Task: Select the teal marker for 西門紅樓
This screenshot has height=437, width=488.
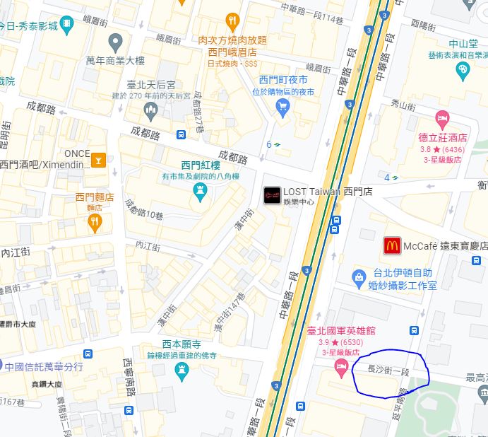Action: (200, 190)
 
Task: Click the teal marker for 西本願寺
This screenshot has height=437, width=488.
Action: (182, 370)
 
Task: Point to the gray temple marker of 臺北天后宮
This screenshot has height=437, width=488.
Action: (150, 110)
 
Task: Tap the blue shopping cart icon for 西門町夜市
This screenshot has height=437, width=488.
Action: (283, 107)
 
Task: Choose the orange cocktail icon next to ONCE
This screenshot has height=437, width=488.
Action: (98, 159)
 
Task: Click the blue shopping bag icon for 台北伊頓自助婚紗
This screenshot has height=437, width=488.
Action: (359, 275)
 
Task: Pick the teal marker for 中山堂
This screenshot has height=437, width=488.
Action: (463, 69)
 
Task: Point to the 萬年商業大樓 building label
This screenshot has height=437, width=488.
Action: (114, 60)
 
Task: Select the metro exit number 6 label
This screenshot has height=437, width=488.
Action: (269, 144)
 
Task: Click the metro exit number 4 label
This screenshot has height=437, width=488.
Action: (388, 177)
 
